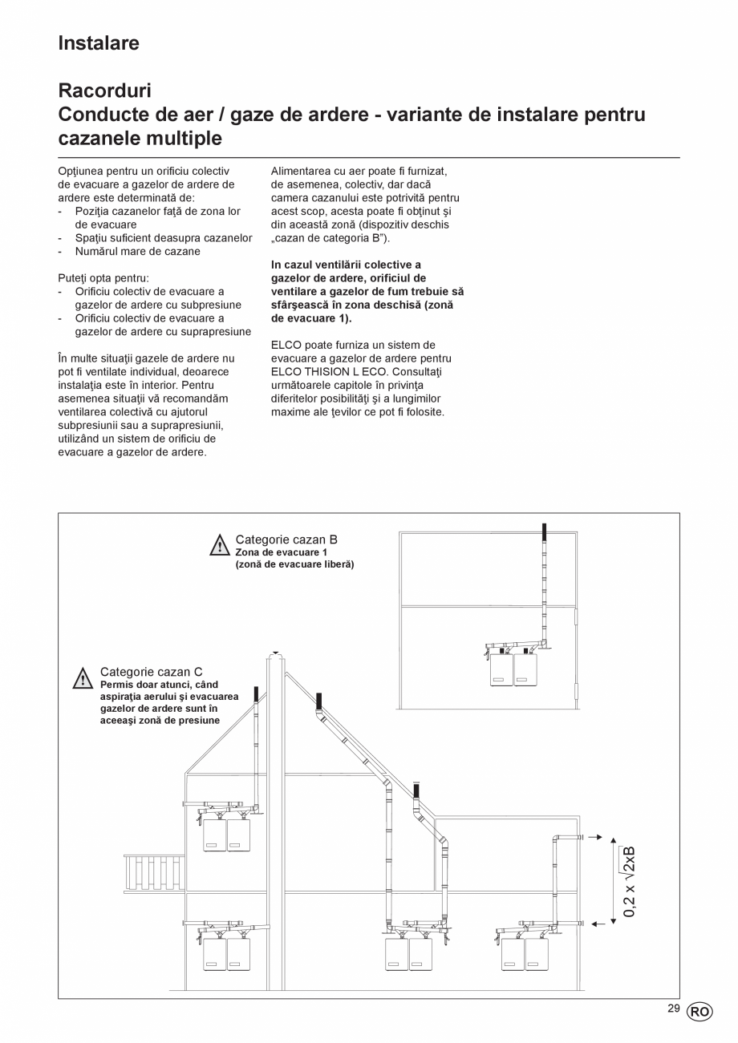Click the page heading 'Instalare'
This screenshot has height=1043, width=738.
coord(99,43)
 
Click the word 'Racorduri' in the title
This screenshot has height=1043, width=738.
coord(105,91)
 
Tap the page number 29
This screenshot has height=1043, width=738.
coord(673,1009)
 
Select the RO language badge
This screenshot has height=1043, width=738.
coord(698,1012)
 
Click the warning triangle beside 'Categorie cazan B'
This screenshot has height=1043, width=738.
coord(220,546)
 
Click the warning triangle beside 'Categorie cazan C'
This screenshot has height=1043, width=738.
coord(83,679)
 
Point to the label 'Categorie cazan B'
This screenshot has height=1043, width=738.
coord(286,540)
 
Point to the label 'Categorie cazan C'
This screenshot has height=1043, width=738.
coord(151,672)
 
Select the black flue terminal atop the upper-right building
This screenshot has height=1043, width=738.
coord(545,532)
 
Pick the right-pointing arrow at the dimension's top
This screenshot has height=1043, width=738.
coord(594,837)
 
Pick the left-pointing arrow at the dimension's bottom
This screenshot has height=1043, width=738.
coord(598,924)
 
